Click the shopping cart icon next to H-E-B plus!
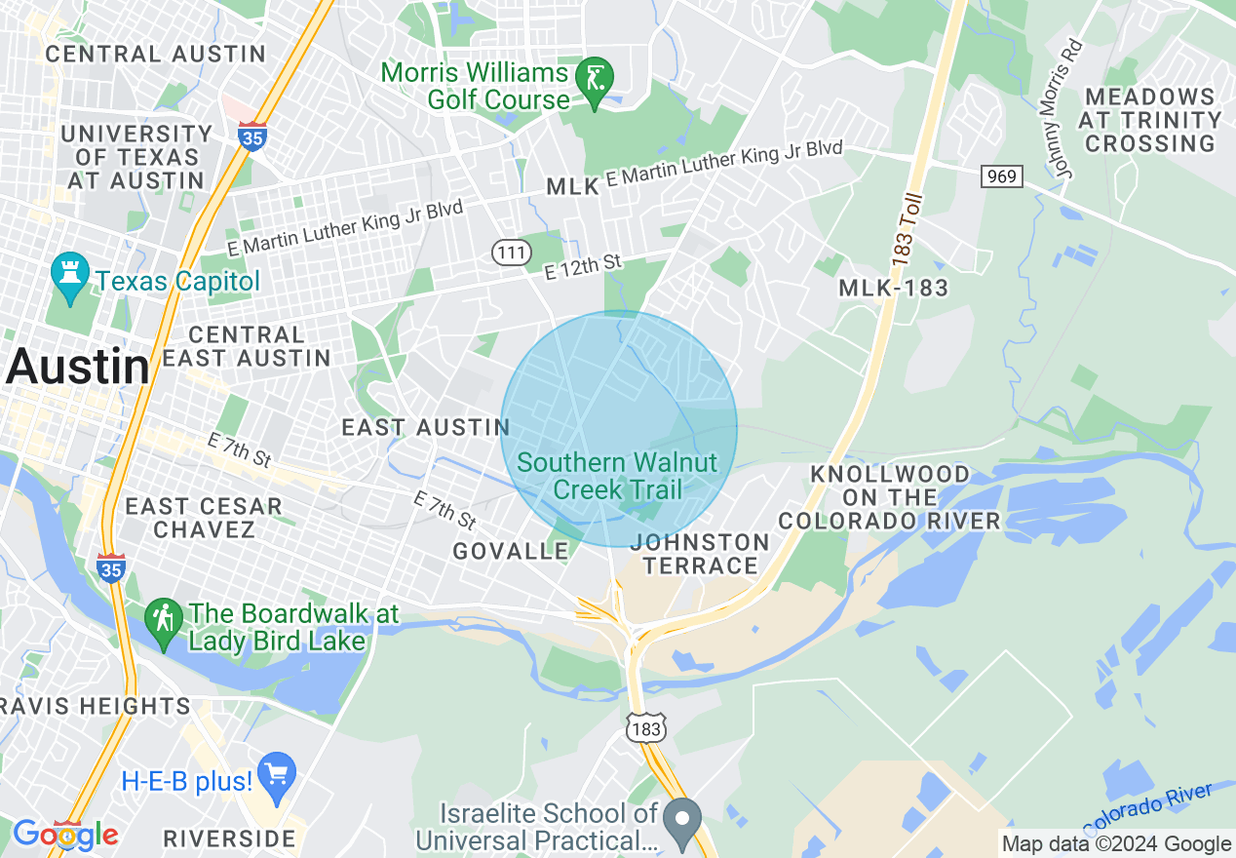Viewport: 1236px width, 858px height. point(277,776)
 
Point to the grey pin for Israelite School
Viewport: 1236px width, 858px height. point(682,818)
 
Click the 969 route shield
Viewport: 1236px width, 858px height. point(1001,176)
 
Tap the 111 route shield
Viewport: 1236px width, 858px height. point(511,253)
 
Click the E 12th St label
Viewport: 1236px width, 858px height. point(582,267)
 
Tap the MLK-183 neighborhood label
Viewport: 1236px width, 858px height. point(893,288)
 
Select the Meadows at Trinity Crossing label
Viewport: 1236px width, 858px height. point(1150,120)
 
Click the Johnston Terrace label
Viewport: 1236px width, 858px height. point(699,554)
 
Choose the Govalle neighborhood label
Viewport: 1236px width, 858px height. point(511,551)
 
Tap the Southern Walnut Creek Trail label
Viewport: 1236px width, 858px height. point(617,476)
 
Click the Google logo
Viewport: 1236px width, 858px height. point(64,835)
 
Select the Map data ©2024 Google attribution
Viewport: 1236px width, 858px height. point(1116,844)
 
